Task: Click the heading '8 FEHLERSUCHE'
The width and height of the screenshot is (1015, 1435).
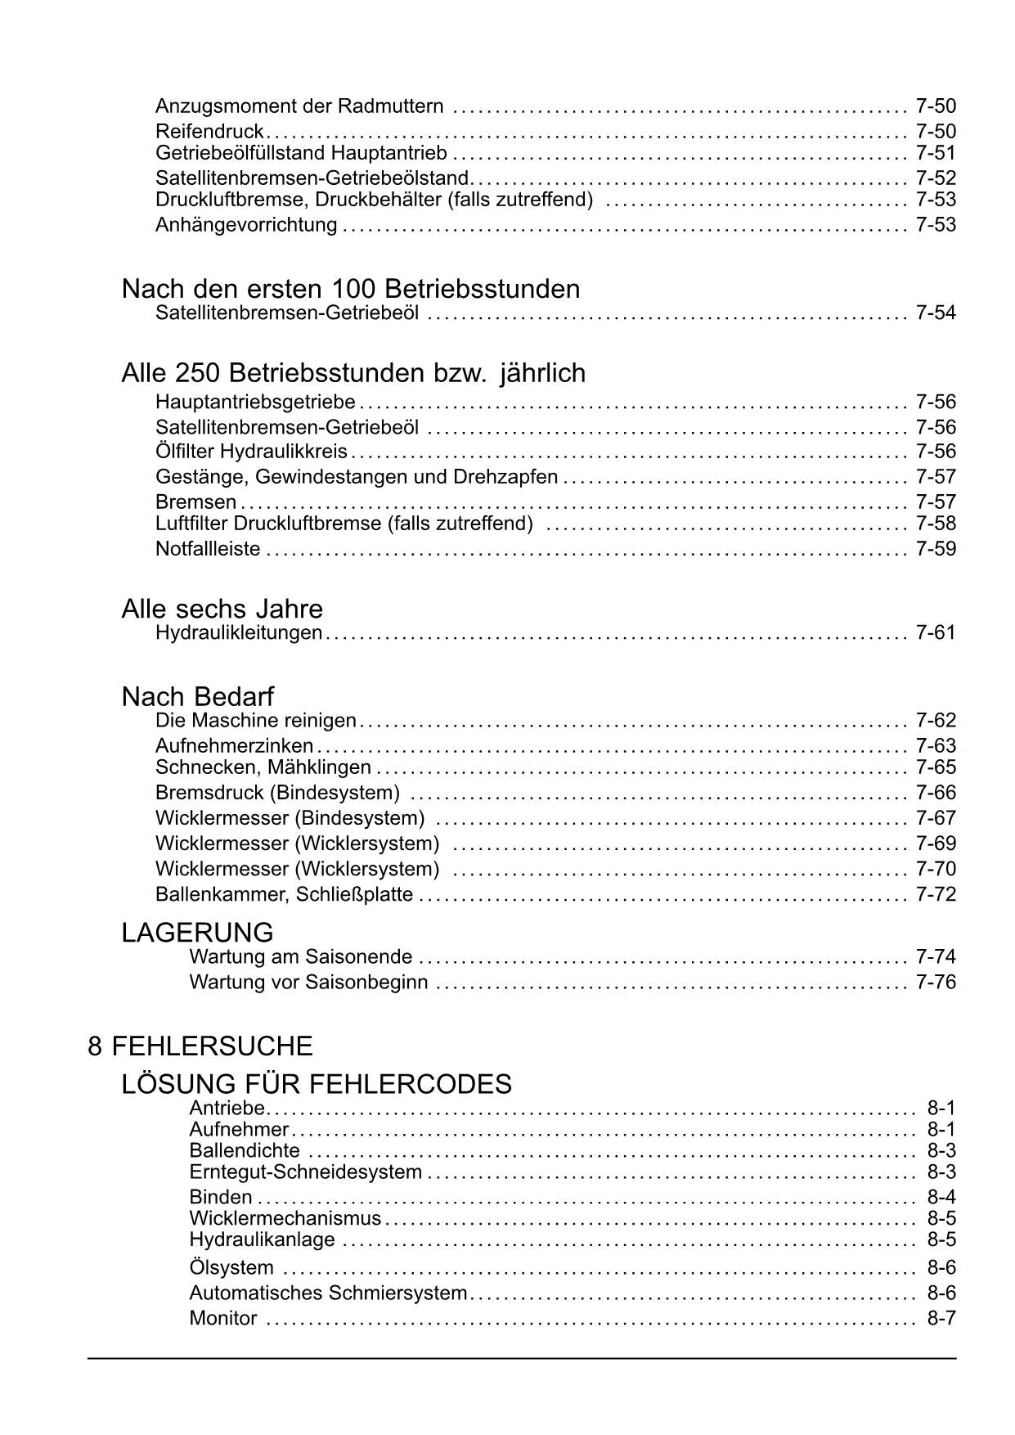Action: (x=200, y=1046)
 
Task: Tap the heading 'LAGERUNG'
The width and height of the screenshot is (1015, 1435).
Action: (x=197, y=932)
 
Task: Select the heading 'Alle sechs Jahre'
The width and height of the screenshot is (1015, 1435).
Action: (x=222, y=609)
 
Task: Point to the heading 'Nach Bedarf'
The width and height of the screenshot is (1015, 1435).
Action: (x=197, y=696)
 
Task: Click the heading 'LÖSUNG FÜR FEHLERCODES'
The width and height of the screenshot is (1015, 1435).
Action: (x=317, y=1084)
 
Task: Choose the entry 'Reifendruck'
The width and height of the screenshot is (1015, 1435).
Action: (x=209, y=131)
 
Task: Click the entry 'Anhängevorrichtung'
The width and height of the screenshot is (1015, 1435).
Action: (x=246, y=224)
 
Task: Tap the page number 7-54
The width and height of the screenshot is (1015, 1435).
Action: (x=936, y=313)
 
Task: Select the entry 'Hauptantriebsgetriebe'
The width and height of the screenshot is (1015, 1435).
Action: (x=255, y=402)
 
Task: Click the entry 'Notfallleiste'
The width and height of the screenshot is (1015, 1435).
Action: (x=208, y=548)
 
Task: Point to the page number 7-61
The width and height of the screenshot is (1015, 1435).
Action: (x=936, y=632)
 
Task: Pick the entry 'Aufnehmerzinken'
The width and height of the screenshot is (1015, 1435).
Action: (x=234, y=745)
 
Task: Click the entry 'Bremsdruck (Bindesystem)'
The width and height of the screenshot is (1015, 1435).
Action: (x=277, y=792)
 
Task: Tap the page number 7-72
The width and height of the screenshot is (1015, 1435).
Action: (x=936, y=893)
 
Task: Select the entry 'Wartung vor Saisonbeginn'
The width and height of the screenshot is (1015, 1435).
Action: (x=308, y=982)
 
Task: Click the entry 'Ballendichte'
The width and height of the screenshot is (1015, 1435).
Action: (x=245, y=1150)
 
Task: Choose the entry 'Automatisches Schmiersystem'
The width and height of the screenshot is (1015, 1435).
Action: (x=328, y=1293)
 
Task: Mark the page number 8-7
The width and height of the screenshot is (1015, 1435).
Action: (x=941, y=1318)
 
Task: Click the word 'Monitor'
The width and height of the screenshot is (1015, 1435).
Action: (x=223, y=1318)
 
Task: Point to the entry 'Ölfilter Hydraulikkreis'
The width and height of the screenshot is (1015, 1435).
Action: (x=251, y=451)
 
